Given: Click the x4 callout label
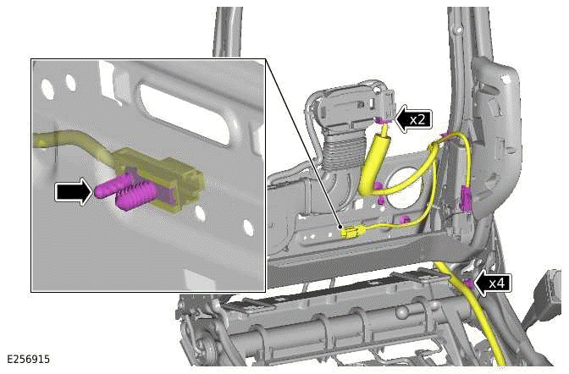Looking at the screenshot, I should click(x=498, y=283).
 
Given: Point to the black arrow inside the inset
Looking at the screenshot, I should click(x=72, y=192).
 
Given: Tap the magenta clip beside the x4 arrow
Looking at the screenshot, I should click(x=467, y=284).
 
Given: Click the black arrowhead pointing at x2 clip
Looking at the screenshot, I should click(x=400, y=120).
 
